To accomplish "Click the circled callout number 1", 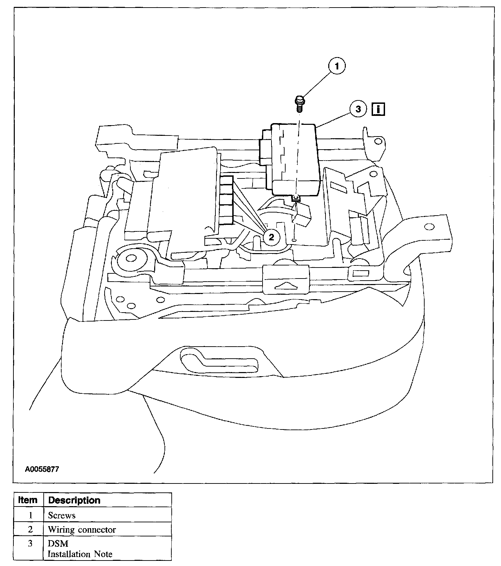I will [x=337, y=66].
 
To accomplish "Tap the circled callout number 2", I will [x=271, y=237].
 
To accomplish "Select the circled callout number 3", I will [x=358, y=109].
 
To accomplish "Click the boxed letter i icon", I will [x=378, y=109].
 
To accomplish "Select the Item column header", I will [x=28, y=500].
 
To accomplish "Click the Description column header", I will [x=74, y=500].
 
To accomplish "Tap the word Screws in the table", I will [x=62, y=515].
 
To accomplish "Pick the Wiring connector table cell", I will [x=82, y=530].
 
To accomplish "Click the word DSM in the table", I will [x=58, y=544].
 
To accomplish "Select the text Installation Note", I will [x=80, y=554].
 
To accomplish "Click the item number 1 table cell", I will [x=30, y=515].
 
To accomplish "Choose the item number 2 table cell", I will [x=30, y=530].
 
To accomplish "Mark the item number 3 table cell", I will [x=30, y=544].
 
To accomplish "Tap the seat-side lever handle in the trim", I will [x=220, y=361].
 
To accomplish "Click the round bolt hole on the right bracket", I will [x=429, y=226].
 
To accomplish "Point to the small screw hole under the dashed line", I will [x=293, y=240].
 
